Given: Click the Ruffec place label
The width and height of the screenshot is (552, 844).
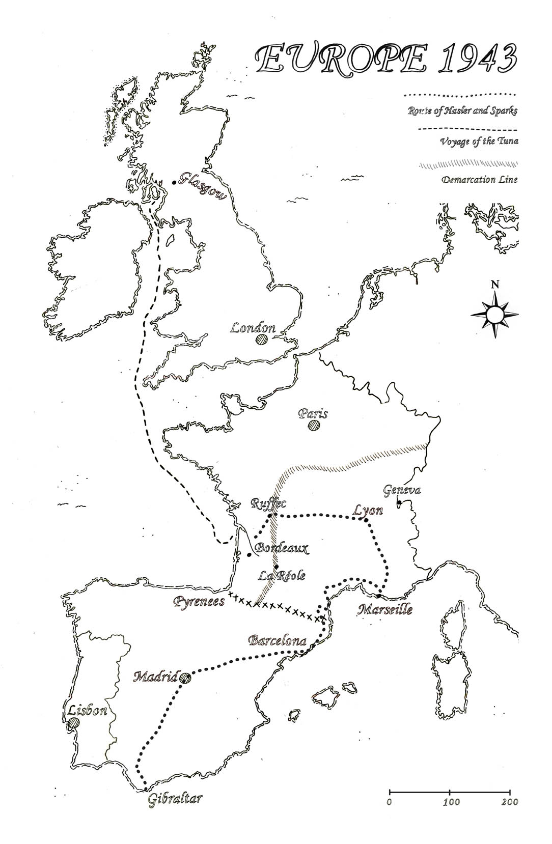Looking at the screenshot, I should (269, 503).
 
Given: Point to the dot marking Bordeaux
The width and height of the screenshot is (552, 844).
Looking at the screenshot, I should (249, 554).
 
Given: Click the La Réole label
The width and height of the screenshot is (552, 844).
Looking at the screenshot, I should (282, 576).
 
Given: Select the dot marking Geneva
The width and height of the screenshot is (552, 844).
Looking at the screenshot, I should (399, 503).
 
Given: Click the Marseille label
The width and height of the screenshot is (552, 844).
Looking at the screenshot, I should (384, 609).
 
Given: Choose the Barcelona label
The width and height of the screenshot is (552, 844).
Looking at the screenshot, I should (278, 640).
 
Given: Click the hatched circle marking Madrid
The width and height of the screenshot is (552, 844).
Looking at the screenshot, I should (185, 678).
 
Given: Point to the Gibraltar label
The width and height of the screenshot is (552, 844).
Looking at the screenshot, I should (175, 798).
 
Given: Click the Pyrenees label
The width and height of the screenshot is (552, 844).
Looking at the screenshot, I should (199, 602).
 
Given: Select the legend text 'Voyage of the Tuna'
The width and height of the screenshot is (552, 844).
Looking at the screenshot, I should (479, 141).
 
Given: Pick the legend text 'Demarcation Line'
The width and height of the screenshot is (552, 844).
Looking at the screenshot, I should (479, 180).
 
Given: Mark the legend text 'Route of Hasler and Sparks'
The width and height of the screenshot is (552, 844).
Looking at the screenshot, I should (462, 110).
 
